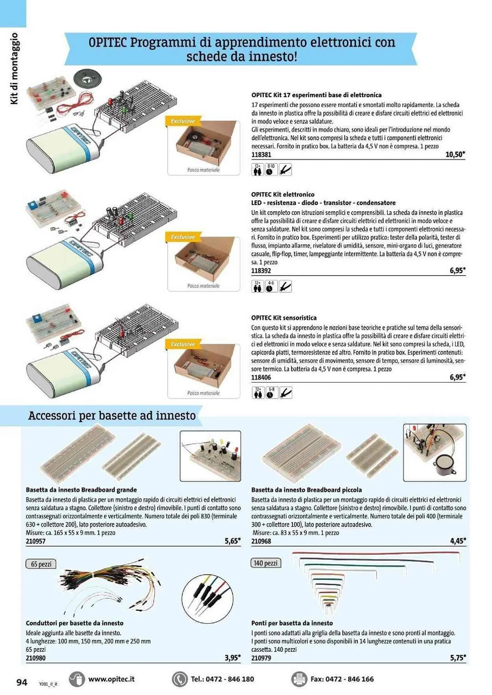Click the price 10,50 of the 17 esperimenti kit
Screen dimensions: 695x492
tap(454, 155)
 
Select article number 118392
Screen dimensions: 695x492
tap(261, 271)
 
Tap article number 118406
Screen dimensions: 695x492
tap(261, 377)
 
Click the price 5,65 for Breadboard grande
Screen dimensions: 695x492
tap(232, 541)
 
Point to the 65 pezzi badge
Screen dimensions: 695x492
tap(41, 564)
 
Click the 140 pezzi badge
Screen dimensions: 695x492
tap(266, 563)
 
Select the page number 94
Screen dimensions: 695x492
tap(22, 682)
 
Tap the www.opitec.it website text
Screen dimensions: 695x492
tap(111, 679)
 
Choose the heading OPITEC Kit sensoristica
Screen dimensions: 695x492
tap(284, 318)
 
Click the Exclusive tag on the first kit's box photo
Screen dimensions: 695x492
tap(183, 121)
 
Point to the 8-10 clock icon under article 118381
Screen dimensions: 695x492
tap(270, 170)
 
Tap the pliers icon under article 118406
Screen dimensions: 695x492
tap(286, 393)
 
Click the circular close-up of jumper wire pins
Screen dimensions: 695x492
tap(207, 599)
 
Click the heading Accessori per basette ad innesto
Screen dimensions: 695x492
tap(112, 416)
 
